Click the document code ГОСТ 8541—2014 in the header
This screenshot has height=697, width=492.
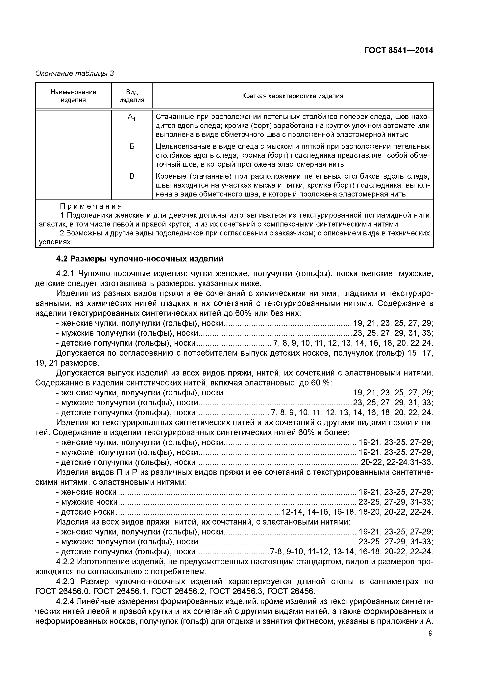[398, 51]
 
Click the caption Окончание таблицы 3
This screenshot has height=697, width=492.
[75, 74]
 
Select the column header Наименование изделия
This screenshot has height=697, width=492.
[73, 96]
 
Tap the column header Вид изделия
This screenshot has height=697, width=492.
[132, 96]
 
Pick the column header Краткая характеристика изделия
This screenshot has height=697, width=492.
[293, 96]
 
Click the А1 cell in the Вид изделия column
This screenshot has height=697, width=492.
[132, 117]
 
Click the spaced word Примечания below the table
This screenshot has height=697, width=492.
[91, 206]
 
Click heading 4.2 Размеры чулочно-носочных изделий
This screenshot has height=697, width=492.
[140, 259]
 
